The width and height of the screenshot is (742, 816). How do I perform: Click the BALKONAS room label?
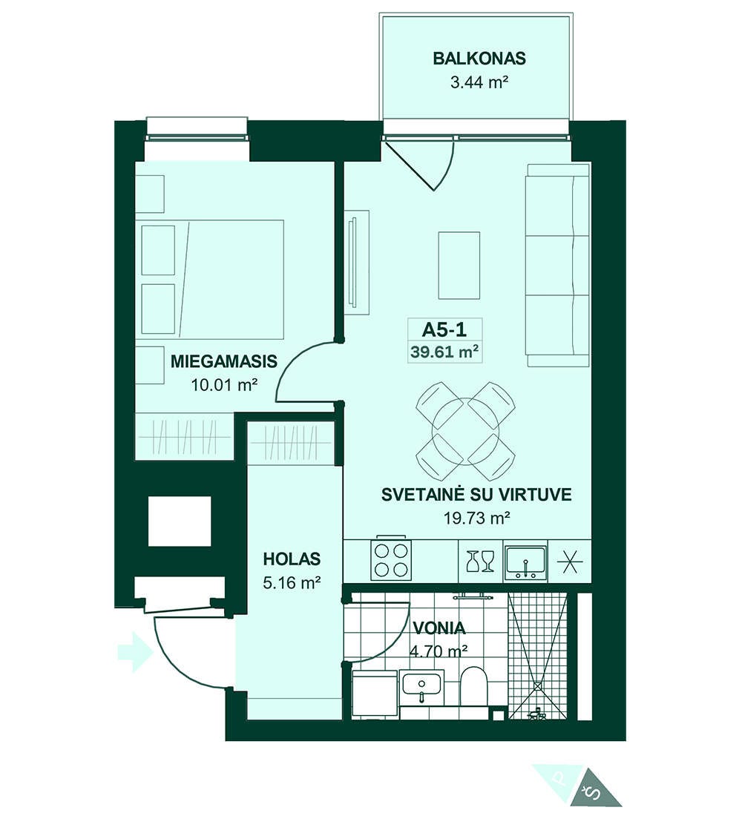(479, 59)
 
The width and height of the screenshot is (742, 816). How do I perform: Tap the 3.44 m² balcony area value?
(479, 82)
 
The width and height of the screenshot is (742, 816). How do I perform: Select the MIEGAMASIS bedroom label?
(224, 361)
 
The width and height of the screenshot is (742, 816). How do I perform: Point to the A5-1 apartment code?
(444, 329)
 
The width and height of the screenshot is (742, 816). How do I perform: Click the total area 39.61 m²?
(444, 352)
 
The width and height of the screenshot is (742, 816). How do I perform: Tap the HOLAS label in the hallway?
(292, 559)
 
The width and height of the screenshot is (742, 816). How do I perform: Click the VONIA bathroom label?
(439, 628)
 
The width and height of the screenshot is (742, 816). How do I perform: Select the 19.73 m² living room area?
(476, 518)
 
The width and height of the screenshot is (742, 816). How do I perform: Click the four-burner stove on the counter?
(391, 561)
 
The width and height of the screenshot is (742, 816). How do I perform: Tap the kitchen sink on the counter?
(525, 563)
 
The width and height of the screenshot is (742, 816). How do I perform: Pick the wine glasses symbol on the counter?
(480, 561)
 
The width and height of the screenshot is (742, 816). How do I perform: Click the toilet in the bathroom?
(473, 686)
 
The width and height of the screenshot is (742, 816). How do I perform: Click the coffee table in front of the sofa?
(459, 266)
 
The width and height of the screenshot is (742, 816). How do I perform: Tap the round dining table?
(465, 432)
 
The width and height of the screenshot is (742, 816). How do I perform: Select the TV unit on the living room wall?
(357, 262)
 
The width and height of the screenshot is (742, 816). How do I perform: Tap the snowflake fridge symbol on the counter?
(570, 562)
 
